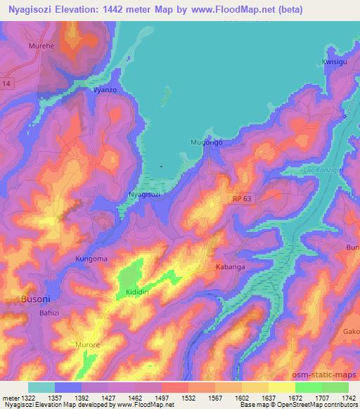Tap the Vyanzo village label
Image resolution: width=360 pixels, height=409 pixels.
(104, 91)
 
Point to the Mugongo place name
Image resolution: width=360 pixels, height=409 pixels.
(207, 142)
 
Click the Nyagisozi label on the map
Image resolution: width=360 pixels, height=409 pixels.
(146, 194)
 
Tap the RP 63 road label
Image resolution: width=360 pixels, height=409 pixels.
(242, 200)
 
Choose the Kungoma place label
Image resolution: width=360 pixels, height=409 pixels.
(91, 259)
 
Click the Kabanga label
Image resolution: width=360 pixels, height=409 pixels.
(231, 268)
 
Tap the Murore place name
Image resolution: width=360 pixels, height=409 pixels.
(89, 345)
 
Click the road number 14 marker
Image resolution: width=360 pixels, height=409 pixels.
(6, 84)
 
